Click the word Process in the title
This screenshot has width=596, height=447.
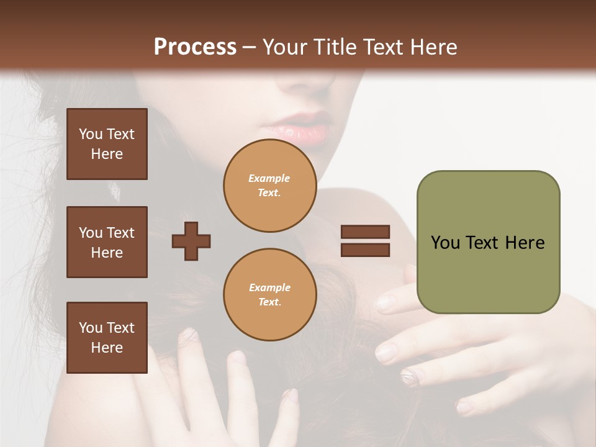click(195, 47)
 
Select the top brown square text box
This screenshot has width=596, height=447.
click(107, 144)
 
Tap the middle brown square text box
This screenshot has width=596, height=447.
click(107, 242)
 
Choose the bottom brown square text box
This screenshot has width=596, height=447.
click(107, 337)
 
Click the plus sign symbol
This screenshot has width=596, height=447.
click(191, 241)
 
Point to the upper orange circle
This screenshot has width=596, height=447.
click(269, 185)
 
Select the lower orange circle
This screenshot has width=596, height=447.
click(269, 294)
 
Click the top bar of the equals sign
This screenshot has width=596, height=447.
click(365, 232)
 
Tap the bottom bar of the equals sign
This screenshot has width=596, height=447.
click(365, 250)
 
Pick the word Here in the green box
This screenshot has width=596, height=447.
click(525, 243)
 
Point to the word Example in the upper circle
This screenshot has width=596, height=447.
click(269, 178)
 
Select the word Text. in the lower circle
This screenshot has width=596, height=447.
click(269, 302)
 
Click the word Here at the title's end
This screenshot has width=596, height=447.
click(433, 47)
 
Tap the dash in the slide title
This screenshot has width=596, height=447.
click(249, 48)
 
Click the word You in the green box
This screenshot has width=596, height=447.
click(445, 243)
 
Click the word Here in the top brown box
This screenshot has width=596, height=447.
click(107, 154)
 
